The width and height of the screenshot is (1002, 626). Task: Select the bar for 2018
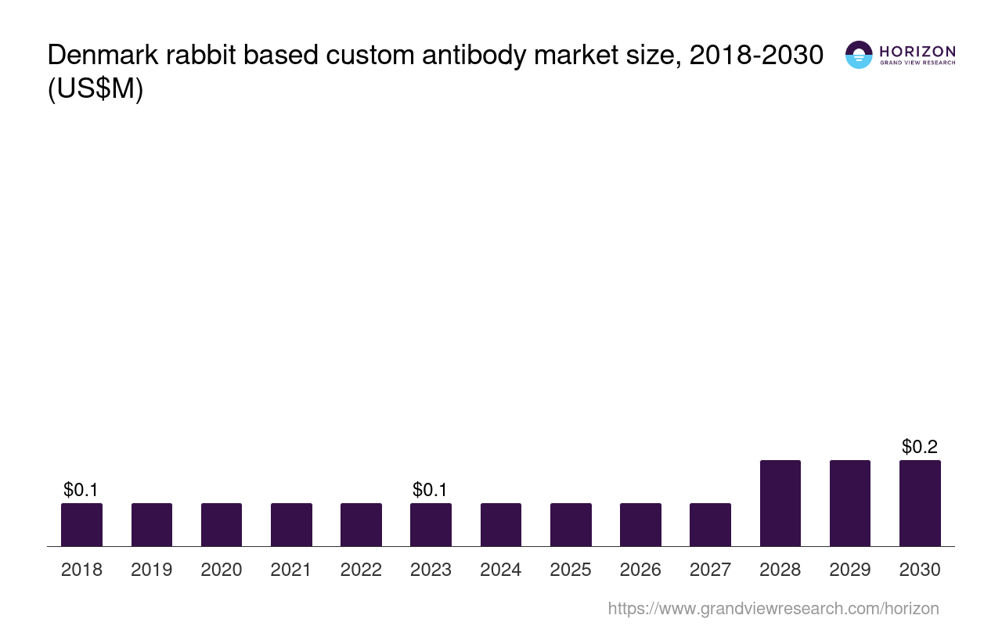(81, 524)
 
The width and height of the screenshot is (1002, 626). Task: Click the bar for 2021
(291, 524)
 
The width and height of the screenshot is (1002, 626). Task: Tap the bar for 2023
(431, 524)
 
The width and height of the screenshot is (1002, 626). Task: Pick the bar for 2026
(640, 524)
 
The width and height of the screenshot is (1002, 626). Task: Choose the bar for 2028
(780, 503)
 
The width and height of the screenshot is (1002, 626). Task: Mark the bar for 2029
(850, 503)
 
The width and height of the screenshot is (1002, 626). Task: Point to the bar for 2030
(920, 503)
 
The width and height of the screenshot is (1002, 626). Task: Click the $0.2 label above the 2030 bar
(920, 447)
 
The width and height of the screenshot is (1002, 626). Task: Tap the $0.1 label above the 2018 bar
(81, 490)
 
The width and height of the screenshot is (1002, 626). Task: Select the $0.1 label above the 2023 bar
(431, 490)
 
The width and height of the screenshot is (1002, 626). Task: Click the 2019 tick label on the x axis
(151, 570)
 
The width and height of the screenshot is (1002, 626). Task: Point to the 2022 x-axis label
(361, 570)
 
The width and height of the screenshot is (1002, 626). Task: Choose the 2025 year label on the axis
(571, 570)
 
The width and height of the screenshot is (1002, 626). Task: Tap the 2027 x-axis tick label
(710, 570)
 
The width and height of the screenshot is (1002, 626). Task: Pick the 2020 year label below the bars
(222, 570)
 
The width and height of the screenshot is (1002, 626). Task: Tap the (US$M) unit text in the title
(96, 89)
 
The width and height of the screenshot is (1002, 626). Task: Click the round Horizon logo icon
(859, 55)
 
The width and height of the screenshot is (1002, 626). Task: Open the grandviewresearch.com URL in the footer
(773, 608)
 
